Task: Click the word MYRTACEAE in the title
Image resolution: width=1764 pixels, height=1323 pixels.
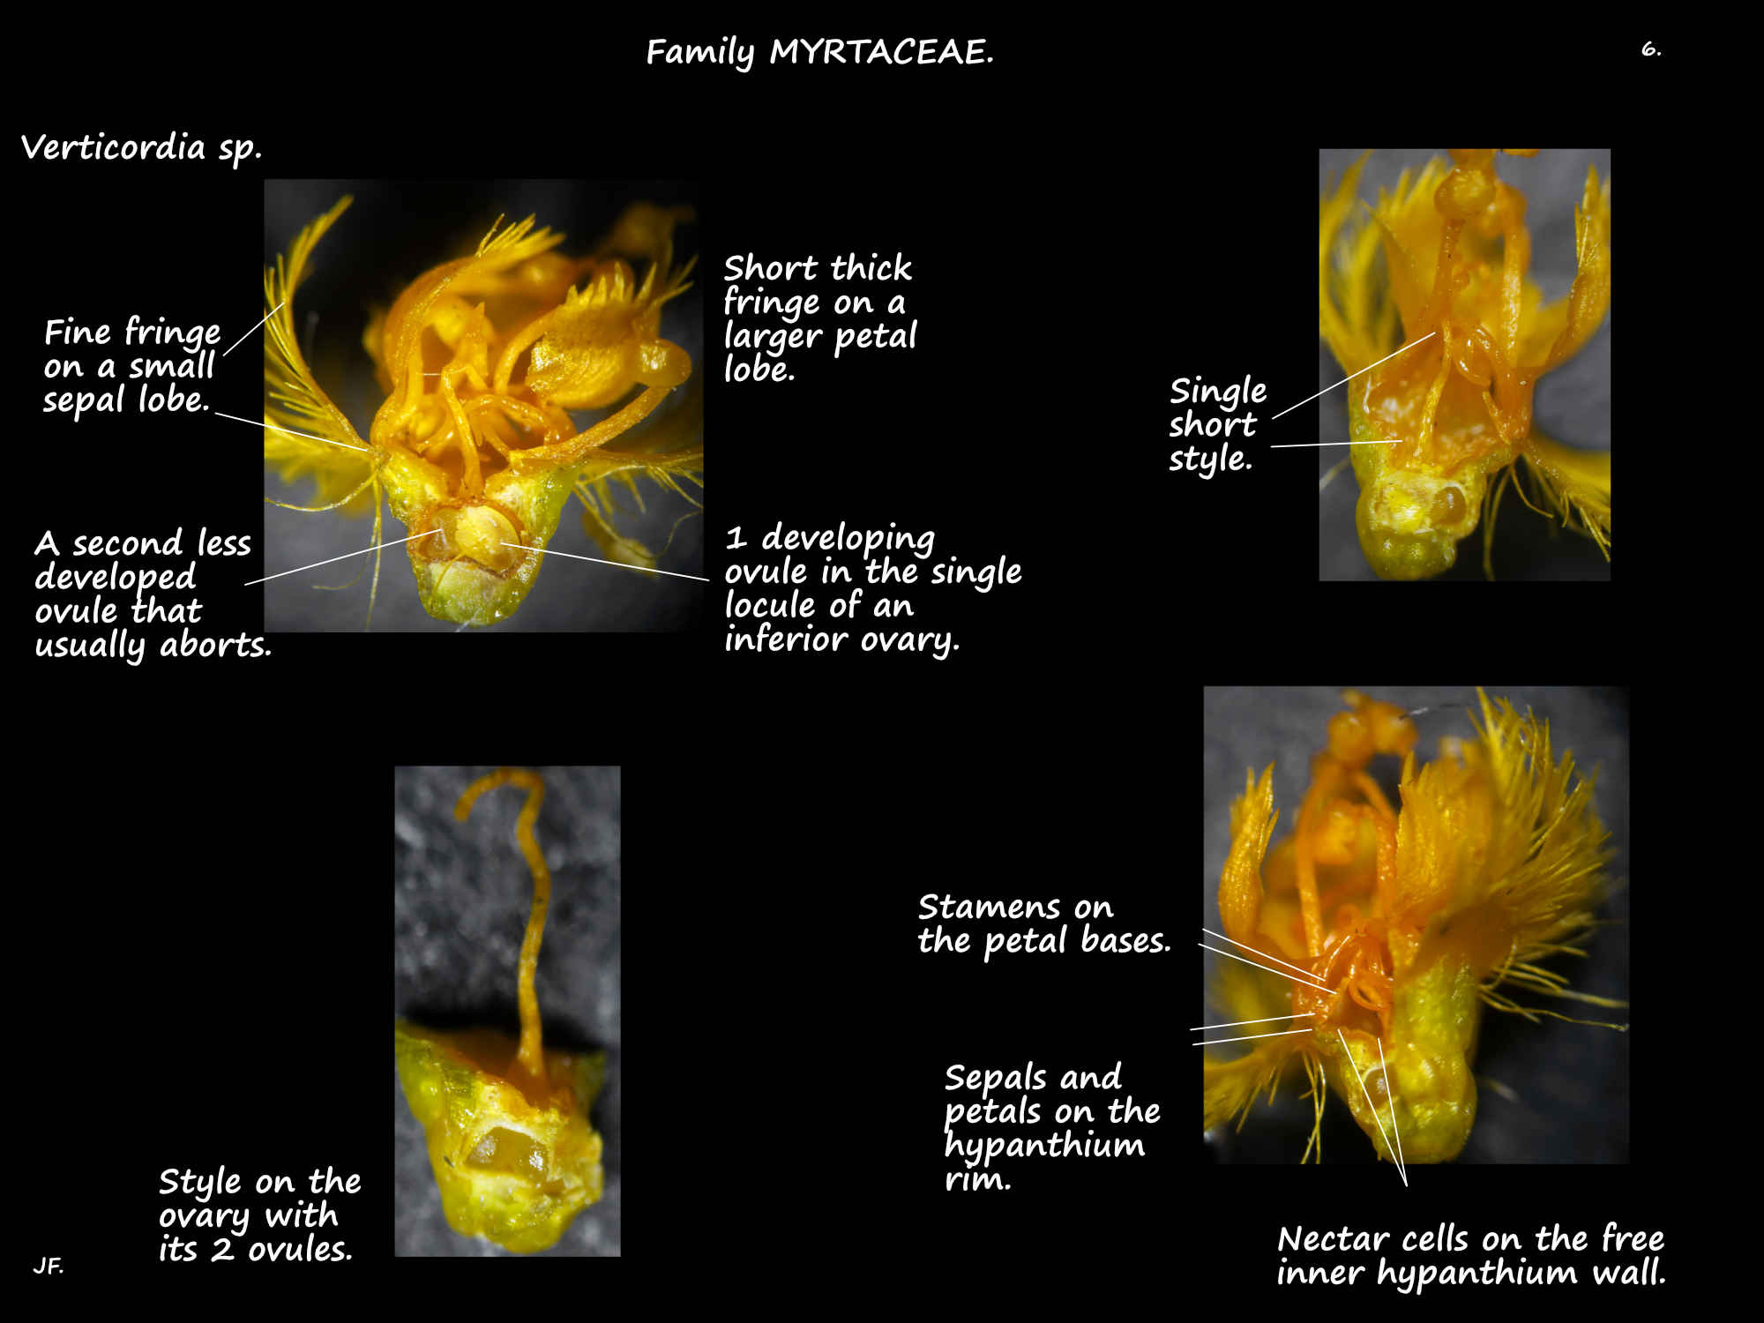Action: pos(881,52)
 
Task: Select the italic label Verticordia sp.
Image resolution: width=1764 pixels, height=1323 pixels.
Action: pos(142,147)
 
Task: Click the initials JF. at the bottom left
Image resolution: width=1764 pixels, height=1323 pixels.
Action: pos(49,1267)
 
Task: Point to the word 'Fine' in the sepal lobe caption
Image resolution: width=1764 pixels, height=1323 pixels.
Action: pos(78,333)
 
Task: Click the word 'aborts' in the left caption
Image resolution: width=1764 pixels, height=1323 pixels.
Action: pos(215,645)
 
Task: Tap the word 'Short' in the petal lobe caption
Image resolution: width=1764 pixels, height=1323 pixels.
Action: pos(772,267)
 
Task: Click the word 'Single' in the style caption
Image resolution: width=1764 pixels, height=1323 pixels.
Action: pos(1218,392)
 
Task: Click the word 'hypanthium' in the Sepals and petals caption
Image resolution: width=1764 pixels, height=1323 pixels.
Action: pos(1044,1146)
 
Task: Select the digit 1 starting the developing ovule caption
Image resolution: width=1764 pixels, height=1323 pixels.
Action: pos(736,538)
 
